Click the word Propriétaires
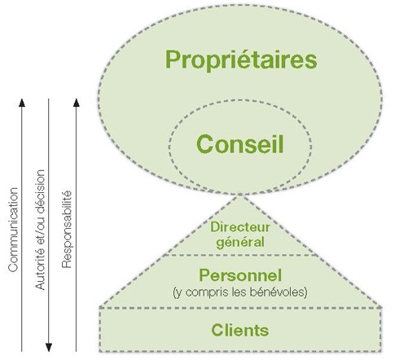[x=241, y=60]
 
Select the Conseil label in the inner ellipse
[x=240, y=144]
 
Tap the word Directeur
[x=240, y=227]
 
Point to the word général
[x=240, y=243]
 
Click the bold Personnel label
[x=240, y=275]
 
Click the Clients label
[x=240, y=330]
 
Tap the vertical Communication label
[x=13, y=230]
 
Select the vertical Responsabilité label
[x=67, y=230]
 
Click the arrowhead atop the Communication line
[x=22, y=103]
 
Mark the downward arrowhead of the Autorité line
[x=49, y=348]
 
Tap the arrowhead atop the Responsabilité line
[x=77, y=103]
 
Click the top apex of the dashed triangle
[x=240, y=195]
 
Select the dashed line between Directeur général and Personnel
[x=240, y=255]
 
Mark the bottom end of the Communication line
[x=22, y=351]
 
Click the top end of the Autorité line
[x=49, y=99]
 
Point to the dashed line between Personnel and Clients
[x=240, y=308]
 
